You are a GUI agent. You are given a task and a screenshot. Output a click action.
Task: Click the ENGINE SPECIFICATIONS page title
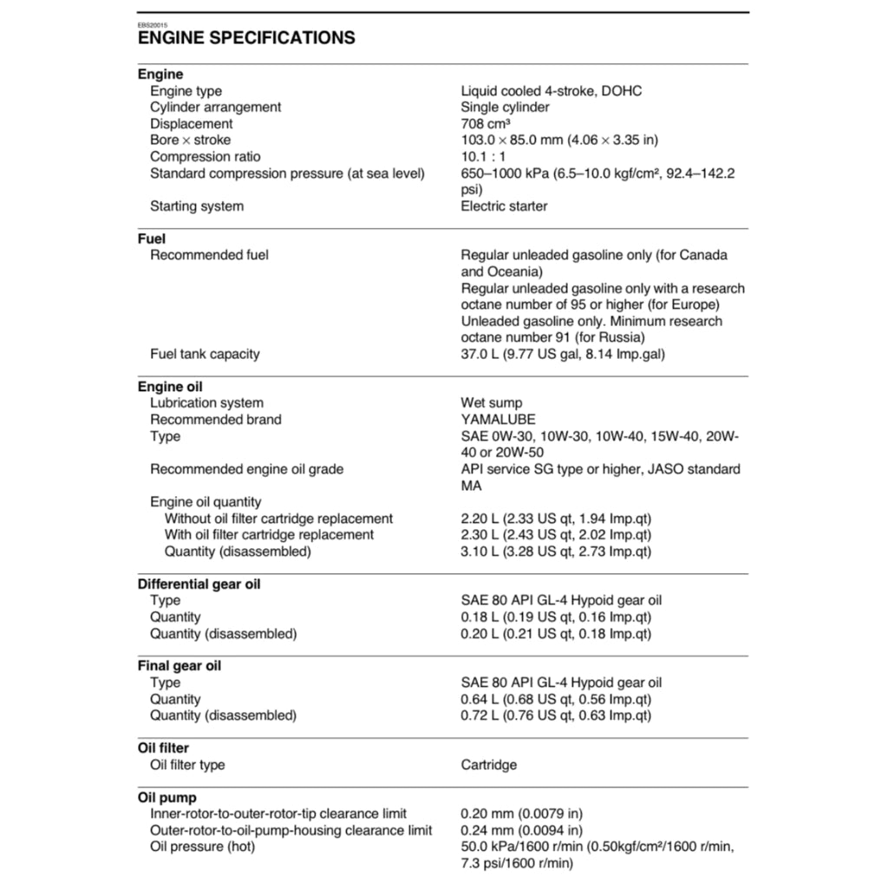[x=246, y=38]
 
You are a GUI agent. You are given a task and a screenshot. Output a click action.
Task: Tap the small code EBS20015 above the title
[x=154, y=24]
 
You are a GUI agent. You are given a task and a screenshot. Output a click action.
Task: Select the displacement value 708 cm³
[x=486, y=124]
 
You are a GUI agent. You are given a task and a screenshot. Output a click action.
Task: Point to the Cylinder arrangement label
[x=215, y=108]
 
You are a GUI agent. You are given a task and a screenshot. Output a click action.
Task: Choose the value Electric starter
[x=504, y=206]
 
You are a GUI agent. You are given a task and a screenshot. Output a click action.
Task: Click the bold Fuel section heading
[x=152, y=238]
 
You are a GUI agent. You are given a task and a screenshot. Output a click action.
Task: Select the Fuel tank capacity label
[x=205, y=354]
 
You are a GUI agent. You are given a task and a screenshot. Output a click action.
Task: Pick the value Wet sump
[x=492, y=403]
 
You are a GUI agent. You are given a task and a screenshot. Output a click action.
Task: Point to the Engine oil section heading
[x=170, y=387]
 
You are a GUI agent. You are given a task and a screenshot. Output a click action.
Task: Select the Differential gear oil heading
[x=199, y=584]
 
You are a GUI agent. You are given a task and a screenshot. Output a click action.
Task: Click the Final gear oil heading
[x=179, y=666]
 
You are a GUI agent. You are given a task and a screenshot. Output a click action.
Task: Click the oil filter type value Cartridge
[x=489, y=765]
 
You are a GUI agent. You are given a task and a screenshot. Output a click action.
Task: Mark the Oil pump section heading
[x=167, y=798]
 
